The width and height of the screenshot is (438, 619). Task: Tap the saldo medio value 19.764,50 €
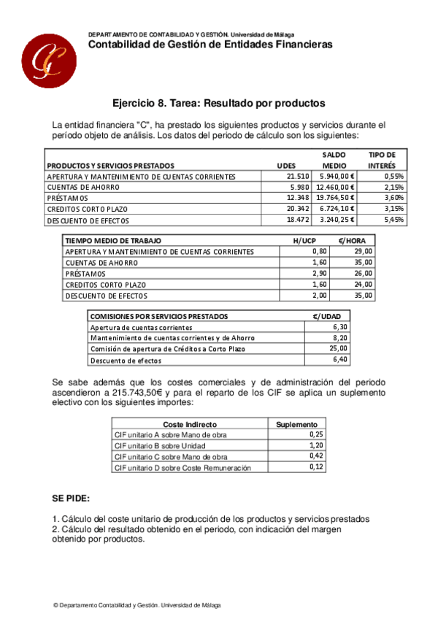click(335, 198)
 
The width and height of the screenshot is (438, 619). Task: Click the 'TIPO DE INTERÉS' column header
click(382, 160)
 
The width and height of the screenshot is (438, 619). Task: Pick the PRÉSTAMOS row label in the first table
click(67, 198)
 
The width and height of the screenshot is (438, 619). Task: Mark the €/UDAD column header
click(327, 316)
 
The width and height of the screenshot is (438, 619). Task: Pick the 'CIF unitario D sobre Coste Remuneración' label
click(182, 467)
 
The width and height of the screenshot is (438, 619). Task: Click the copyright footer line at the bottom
click(137, 605)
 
